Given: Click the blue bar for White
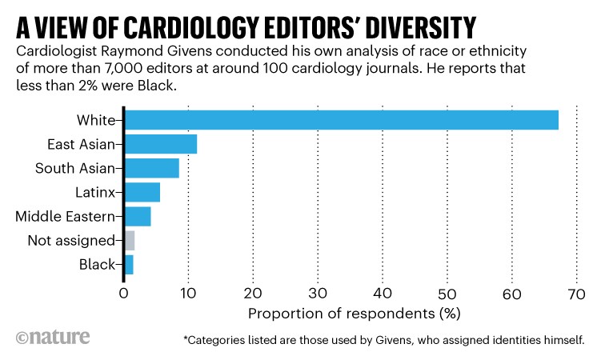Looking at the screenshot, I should (341, 121).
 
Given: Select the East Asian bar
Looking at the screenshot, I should (160, 145).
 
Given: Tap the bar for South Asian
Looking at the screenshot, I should (151, 168).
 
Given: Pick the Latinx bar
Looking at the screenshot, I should (142, 192).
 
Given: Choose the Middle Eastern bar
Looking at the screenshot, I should (137, 216).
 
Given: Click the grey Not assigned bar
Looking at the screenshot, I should (129, 240).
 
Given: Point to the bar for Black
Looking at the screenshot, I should (128, 264).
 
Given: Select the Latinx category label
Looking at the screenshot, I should (95, 192).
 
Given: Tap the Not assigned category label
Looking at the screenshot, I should (70, 240).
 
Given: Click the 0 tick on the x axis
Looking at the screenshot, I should (123, 294).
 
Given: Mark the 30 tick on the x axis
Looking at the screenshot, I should (318, 294).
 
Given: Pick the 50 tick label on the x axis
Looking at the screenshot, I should (447, 294).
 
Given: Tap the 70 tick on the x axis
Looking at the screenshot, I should (577, 294).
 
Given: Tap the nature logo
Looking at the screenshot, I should (49, 336).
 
